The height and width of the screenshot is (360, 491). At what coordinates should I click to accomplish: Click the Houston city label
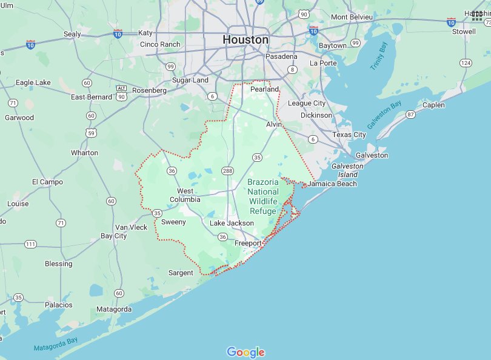pos(245,40)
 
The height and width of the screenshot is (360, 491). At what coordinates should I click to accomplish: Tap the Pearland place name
pos(265,89)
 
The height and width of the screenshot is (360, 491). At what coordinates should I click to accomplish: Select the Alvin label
pos(275,124)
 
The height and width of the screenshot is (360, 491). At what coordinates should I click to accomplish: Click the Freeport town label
pos(249,243)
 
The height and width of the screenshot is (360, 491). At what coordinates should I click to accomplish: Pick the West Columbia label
pos(185,195)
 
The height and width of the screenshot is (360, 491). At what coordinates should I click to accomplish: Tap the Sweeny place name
pos(173,222)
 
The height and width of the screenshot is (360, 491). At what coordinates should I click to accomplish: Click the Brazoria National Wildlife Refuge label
pos(263,196)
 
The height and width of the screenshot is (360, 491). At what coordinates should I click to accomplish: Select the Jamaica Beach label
pos(332,184)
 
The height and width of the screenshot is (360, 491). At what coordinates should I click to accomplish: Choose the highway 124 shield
pos(466,63)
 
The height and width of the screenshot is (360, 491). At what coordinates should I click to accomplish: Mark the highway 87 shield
pos(410,115)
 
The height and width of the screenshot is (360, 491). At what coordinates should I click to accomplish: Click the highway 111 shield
pos(30,244)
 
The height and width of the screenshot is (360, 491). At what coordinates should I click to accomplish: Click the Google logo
pos(245,352)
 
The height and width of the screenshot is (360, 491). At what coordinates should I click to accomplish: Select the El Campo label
pos(47,182)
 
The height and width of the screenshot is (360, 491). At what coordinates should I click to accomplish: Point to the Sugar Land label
pos(190,80)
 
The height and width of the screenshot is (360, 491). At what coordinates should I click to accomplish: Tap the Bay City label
pos(113,236)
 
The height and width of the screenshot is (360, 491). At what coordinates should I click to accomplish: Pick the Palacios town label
pos(58,305)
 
